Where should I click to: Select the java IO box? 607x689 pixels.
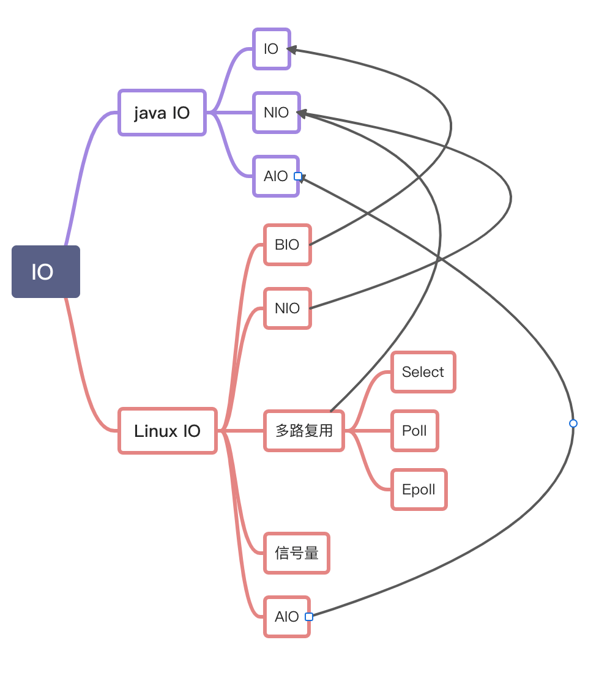click(162, 113)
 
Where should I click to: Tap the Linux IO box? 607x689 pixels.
click(168, 431)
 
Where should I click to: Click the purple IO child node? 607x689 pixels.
click(271, 49)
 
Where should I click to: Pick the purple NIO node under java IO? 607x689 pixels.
click(276, 113)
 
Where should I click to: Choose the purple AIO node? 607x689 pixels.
click(275, 176)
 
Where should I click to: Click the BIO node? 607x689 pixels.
click(287, 245)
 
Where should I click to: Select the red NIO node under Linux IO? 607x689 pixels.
click(287, 308)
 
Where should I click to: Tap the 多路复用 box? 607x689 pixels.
click(304, 431)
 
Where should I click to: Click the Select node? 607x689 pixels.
click(423, 372)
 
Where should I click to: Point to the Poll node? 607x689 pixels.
click(414, 431)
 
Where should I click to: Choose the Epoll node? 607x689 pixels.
click(419, 490)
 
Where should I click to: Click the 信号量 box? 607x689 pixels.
click(297, 553)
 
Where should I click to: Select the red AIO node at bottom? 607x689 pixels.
click(286, 617)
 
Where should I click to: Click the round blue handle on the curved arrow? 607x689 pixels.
click(573, 423)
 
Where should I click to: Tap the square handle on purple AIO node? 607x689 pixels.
click(298, 176)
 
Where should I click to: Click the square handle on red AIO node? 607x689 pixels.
click(309, 617)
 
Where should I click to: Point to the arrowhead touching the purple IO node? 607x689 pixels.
click(291, 50)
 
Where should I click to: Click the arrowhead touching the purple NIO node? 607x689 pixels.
click(301, 113)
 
